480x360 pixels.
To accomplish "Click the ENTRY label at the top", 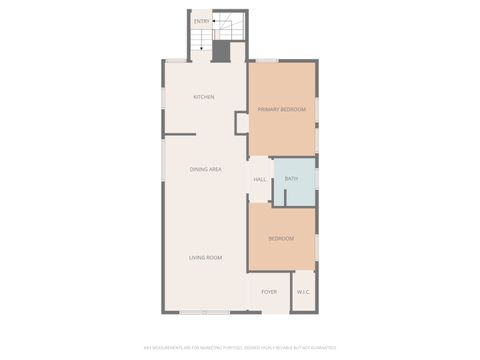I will [202, 20].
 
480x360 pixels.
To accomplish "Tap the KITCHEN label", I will [204, 97].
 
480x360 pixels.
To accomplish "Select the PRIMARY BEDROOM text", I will [281, 109].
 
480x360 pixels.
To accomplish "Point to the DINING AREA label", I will [205, 169].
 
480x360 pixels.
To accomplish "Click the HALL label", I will [259, 180].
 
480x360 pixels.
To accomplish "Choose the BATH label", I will [291, 179].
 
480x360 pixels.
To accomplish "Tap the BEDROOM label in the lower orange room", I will [281, 238].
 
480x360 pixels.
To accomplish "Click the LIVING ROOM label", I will [205, 257].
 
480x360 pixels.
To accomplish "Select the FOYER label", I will [269, 292].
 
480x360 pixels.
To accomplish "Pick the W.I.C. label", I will [304, 292].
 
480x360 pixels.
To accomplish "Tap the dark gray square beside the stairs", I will [236, 52].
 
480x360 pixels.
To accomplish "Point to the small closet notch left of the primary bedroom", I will [241, 122].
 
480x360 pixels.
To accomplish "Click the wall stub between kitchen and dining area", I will [180, 134].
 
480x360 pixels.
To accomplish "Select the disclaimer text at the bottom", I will [240, 347].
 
